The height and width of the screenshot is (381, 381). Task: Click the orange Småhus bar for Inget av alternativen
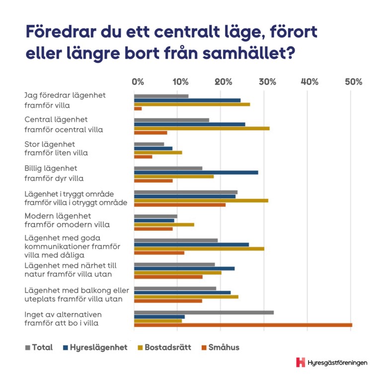[x=243, y=325]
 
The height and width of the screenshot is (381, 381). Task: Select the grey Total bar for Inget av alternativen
[x=204, y=312]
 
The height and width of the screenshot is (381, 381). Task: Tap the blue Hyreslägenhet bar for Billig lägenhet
[x=196, y=172]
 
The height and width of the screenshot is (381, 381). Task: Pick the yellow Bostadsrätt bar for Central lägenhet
[x=202, y=129]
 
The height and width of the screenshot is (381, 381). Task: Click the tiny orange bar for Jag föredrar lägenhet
[x=138, y=108]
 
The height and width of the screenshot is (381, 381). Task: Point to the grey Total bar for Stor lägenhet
[x=149, y=144]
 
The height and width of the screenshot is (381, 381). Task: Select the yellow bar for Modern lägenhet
[x=164, y=225]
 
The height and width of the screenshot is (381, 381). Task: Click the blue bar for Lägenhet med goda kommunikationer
[x=191, y=244]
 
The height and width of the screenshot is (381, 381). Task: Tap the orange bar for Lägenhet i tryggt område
[x=179, y=205]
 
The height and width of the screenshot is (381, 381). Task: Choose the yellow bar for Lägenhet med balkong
[x=186, y=297]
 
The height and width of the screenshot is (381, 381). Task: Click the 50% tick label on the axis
[x=353, y=82]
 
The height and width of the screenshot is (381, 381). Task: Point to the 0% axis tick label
[x=138, y=82]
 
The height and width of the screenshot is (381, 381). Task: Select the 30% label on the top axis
[x=267, y=82]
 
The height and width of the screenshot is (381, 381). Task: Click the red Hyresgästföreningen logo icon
[x=301, y=362]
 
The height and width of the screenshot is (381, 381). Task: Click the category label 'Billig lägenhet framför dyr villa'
[x=55, y=173]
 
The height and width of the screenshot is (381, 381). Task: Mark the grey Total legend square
[x=28, y=347]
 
